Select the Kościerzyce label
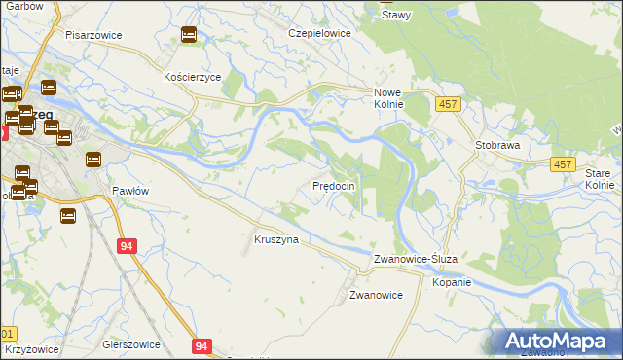pyautogui.click(x=193, y=76)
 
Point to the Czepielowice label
pyautogui.click(x=319, y=32)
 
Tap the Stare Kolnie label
pyautogui.click(x=600, y=178)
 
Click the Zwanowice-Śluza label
pyautogui.click(x=421, y=259)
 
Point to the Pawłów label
pyautogui.click(x=129, y=191)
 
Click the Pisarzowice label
pyautogui.click(x=93, y=34)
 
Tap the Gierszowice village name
pyautogui.click(x=129, y=344)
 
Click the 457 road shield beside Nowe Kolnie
pyautogui.click(x=447, y=103)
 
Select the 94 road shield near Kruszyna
pyautogui.click(x=127, y=247)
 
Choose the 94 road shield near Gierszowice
pyautogui.click(x=202, y=345)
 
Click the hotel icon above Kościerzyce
pyautogui.click(x=189, y=36)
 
